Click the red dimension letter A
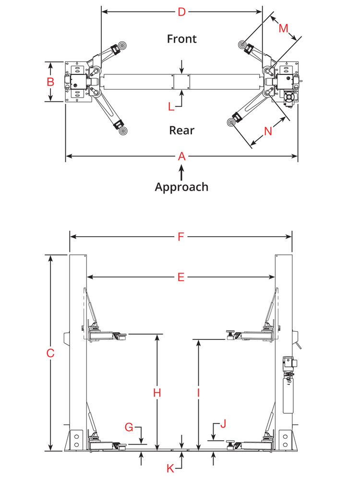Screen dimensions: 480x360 (181, 156)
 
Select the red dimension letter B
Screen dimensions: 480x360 (50, 82)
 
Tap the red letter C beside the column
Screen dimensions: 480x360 (50, 353)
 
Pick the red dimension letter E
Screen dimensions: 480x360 (180, 277)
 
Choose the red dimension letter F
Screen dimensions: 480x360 (181, 237)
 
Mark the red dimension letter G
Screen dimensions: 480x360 (129, 427)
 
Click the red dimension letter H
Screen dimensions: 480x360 (156, 393)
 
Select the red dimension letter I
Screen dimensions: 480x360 (198, 393)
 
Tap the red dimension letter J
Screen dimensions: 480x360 (222, 424)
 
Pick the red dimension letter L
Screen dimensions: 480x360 (171, 107)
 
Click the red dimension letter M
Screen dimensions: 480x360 (283, 28)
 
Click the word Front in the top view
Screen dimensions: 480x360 (181, 38)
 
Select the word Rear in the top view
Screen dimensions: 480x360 (182, 130)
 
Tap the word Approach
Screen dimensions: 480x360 (181, 187)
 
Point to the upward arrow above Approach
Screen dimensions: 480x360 (181, 172)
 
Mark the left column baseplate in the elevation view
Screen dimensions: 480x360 (77, 441)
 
